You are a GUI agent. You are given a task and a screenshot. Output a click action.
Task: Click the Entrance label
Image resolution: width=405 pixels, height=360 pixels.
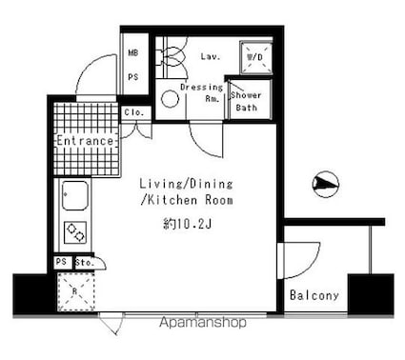[x=85, y=141]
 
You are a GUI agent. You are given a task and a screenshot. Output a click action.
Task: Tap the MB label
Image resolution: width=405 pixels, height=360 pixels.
[x=133, y=52]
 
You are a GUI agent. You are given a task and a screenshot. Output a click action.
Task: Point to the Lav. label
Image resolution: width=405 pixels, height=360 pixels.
[x=210, y=56]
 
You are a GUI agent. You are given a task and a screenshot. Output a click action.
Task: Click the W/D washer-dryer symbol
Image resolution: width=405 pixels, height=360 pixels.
[x=254, y=56]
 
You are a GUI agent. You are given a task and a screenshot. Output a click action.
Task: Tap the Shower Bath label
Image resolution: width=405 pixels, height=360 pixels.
[x=246, y=101]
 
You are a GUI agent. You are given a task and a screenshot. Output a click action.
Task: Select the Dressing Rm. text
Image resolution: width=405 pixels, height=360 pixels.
[x=201, y=92]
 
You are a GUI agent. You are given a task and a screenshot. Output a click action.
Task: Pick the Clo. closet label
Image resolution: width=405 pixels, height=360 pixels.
[x=134, y=112]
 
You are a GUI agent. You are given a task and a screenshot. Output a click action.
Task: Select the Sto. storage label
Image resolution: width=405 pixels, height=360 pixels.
[x=84, y=262]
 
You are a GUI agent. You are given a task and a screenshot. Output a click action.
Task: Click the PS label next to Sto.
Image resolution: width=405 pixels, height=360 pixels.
[x=62, y=262]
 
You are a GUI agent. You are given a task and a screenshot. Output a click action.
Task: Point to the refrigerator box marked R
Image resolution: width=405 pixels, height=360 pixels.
[x=72, y=290]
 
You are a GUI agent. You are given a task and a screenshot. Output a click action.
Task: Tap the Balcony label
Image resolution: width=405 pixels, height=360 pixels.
[x=314, y=295]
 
